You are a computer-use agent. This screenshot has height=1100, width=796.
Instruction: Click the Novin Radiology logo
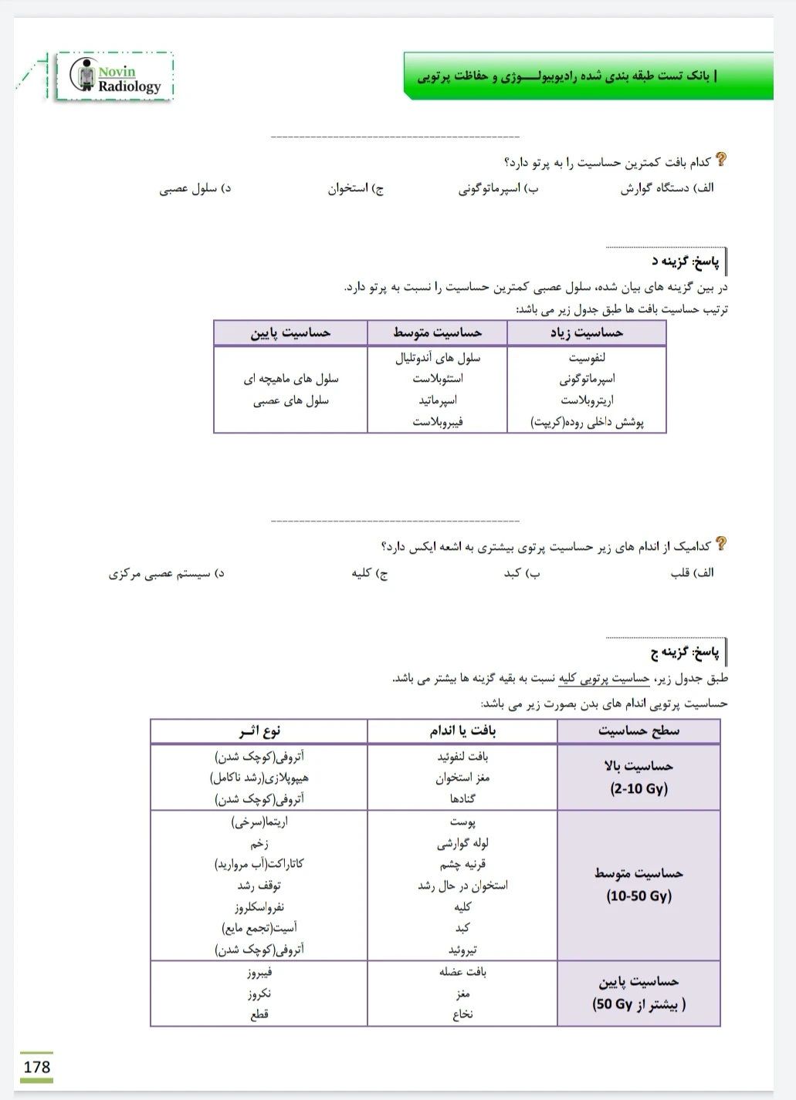pos(115,77)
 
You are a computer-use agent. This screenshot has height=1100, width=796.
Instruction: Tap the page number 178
pos(36,1067)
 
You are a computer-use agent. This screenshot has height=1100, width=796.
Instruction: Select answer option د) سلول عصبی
pos(195,188)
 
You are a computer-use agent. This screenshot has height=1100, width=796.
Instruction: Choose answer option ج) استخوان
pos(355,188)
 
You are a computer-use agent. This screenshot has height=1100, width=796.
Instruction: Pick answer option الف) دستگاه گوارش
pos(667,188)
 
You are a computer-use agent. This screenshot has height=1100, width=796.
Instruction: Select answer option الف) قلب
pos(692,573)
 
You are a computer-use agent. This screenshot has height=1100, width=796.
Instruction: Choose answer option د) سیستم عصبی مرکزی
pos(166,574)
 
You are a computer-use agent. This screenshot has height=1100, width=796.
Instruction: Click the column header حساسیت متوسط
pos(437,332)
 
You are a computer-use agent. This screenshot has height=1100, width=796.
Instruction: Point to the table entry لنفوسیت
pos(587,357)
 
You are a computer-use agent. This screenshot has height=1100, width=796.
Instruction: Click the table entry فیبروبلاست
pos(437,422)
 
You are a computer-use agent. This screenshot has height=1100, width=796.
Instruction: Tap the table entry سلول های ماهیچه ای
pos(291,379)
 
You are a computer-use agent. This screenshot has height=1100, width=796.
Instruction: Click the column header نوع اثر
pos(259,731)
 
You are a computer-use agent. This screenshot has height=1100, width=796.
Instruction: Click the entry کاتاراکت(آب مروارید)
pos(259,864)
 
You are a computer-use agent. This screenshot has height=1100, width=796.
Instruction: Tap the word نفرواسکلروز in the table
pos(259,907)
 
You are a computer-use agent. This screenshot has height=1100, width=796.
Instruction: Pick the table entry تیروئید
pos(462,950)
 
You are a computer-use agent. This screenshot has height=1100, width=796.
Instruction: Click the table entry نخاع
pos(462,1014)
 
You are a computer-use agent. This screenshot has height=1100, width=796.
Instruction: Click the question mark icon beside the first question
pos(720,160)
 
